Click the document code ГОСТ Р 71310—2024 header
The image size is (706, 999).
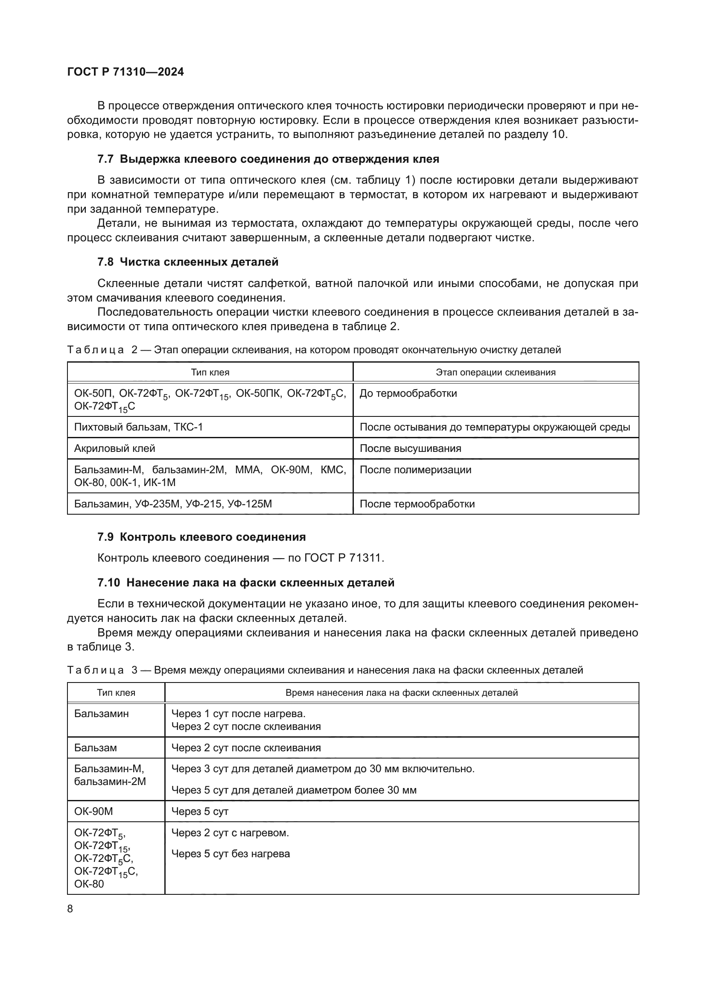[125, 72]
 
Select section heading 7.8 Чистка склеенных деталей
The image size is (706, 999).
[188, 262]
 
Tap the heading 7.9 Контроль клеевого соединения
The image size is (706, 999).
[201, 537]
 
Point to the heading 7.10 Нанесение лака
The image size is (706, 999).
[245, 583]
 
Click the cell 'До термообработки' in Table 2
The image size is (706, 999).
[408, 393]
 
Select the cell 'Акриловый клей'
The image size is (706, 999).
[114, 448]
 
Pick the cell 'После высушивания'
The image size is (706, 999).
[410, 448]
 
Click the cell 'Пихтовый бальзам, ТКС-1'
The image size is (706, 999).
[138, 427]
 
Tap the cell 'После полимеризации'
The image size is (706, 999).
[415, 469]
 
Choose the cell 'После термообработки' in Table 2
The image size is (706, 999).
[417, 504]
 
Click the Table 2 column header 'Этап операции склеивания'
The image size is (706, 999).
[496, 372]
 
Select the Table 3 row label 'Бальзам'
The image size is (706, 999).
[95, 747]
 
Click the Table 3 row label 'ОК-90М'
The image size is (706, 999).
[93, 811]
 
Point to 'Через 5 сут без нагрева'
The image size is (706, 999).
[230, 854]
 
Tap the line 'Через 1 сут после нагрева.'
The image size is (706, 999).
[238, 714]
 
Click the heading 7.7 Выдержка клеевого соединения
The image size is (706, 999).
[268, 159]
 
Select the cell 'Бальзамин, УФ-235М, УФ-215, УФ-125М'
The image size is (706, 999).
[172, 504]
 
